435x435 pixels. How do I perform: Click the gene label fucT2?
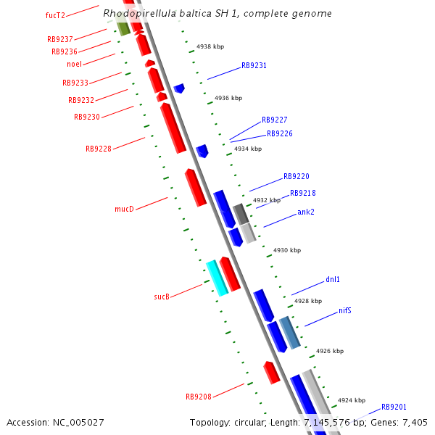[x=55, y=15]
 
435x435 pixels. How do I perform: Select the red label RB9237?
[x=59, y=40]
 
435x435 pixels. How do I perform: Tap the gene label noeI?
[x=74, y=64]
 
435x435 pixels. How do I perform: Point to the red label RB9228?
[x=98, y=149]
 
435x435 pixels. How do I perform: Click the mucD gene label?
[x=124, y=209]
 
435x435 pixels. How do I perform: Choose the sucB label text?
[x=161, y=297]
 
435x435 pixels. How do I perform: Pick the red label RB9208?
[x=198, y=397]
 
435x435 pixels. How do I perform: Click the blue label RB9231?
[x=254, y=65]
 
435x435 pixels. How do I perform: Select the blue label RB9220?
[x=296, y=176]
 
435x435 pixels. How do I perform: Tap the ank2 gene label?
[x=305, y=212]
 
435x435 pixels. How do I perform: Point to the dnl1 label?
[x=332, y=279]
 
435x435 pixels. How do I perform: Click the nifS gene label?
[x=345, y=311]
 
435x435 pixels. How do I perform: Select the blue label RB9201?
[x=394, y=407]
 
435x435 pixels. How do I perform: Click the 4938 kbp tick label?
[x=210, y=46]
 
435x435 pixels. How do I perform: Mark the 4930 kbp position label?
[x=286, y=250]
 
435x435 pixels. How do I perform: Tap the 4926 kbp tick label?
[x=329, y=351]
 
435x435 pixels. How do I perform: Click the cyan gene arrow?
[x=217, y=278]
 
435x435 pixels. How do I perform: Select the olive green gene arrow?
[x=123, y=28]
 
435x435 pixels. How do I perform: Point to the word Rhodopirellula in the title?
[x=138, y=14]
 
